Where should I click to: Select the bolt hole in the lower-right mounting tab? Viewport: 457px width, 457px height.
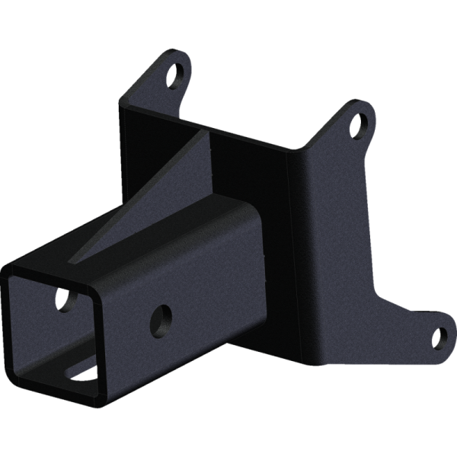point(439,336)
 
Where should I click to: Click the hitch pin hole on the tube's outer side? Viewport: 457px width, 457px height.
point(161,317)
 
